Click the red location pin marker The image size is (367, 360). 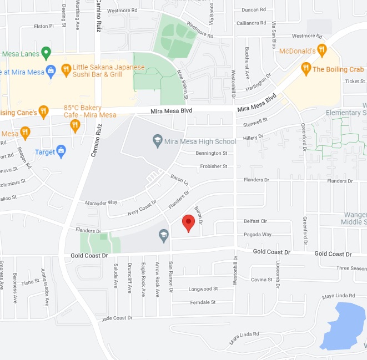click(x=189, y=223)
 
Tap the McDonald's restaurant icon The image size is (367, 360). click(x=321, y=50)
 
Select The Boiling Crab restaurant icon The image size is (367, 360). click(x=305, y=69)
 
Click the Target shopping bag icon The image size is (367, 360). click(x=61, y=151)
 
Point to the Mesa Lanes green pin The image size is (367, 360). click(x=46, y=53)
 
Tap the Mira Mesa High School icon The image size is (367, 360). click(x=158, y=141)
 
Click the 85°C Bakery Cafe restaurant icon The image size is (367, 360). click(x=75, y=126)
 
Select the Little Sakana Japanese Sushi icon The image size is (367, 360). click(x=66, y=70)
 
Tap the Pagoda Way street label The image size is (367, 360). click(x=258, y=235)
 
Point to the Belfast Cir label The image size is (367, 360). click(x=255, y=221)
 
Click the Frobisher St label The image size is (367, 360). click(x=214, y=166)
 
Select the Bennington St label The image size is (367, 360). click(x=212, y=153)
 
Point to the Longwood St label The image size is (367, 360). click(x=203, y=289)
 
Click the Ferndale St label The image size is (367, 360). click(x=202, y=302)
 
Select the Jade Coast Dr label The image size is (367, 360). click(x=117, y=318)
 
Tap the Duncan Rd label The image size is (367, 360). click(x=254, y=9)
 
